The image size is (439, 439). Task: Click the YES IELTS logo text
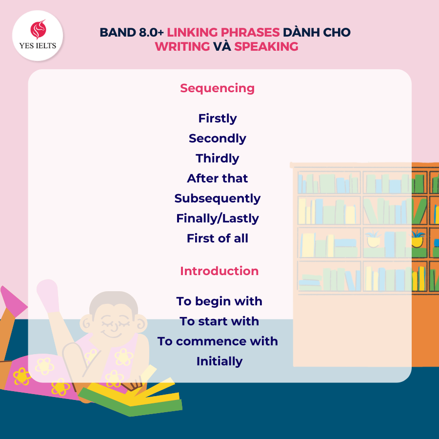pyautogui.click(x=38, y=46)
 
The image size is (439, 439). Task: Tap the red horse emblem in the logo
pyautogui.click(x=38, y=29)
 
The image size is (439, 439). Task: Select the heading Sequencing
pyautogui.click(x=217, y=89)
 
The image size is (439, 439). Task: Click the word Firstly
pyautogui.click(x=218, y=119)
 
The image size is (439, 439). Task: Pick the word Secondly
pyautogui.click(x=218, y=139)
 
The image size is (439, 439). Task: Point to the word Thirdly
pyautogui.click(x=218, y=159)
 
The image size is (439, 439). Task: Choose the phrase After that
pyautogui.click(x=218, y=179)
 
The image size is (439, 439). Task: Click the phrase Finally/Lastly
pyautogui.click(x=218, y=219)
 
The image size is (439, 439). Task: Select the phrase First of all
pyautogui.click(x=218, y=239)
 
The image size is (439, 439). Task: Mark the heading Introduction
pyautogui.click(x=219, y=271)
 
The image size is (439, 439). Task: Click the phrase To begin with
pyautogui.click(x=219, y=301)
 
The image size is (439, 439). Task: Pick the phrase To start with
pyautogui.click(x=219, y=321)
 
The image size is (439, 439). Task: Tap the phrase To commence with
pyautogui.click(x=218, y=341)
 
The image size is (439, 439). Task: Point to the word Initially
pyautogui.click(x=219, y=361)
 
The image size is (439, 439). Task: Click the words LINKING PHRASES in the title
pyautogui.click(x=223, y=33)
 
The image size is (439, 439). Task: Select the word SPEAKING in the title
pyautogui.click(x=266, y=46)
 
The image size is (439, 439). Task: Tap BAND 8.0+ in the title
pyautogui.click(x=132, y=33)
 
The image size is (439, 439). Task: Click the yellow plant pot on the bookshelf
pyautogui.click(x=417, y=241)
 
